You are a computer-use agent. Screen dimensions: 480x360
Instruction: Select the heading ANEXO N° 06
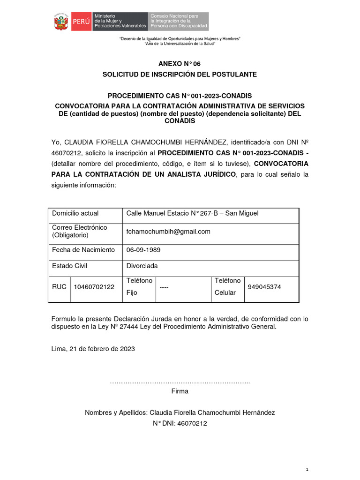(180, 64)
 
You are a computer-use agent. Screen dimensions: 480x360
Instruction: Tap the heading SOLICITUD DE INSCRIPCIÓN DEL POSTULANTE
(180, 75)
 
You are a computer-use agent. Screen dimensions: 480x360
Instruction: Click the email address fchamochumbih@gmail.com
(168, 232)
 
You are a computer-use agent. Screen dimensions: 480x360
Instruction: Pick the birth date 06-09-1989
(143, 250)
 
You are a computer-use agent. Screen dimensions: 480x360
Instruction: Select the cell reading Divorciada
(142, 266)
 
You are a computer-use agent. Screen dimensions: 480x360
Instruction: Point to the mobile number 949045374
(264, 287)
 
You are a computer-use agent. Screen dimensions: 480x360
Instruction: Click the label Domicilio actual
(75, 213)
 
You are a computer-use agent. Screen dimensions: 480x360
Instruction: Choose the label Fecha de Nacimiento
(83, 250)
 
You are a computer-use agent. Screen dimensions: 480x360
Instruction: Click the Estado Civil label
(69, 266)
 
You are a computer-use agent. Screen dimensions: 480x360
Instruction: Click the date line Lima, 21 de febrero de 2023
(93, 348)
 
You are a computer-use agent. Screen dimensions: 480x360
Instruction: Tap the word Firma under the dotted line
(180, 391)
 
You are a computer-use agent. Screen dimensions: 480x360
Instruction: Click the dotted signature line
(180, 383)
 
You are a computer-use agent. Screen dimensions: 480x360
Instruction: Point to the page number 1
(307, 469)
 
